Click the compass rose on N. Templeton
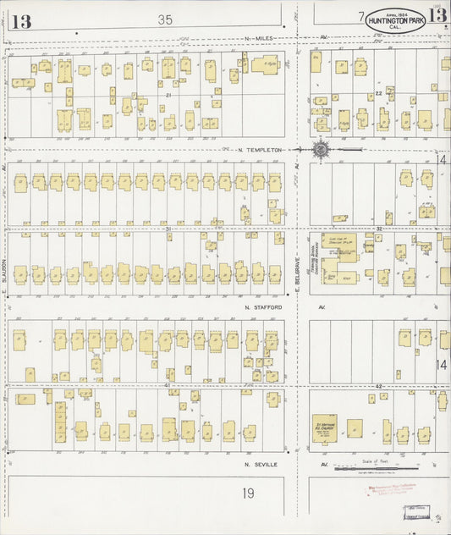point(322,149)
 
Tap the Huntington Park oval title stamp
point(395,21)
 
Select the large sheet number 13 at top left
point(20,22)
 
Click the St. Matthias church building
point(325,428)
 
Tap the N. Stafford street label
point(260,306)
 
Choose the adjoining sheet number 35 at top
point(165,19)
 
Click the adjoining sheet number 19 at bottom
point(248,493)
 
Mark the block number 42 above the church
point(379,386)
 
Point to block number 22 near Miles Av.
point(379,92)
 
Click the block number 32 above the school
point(379,229)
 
